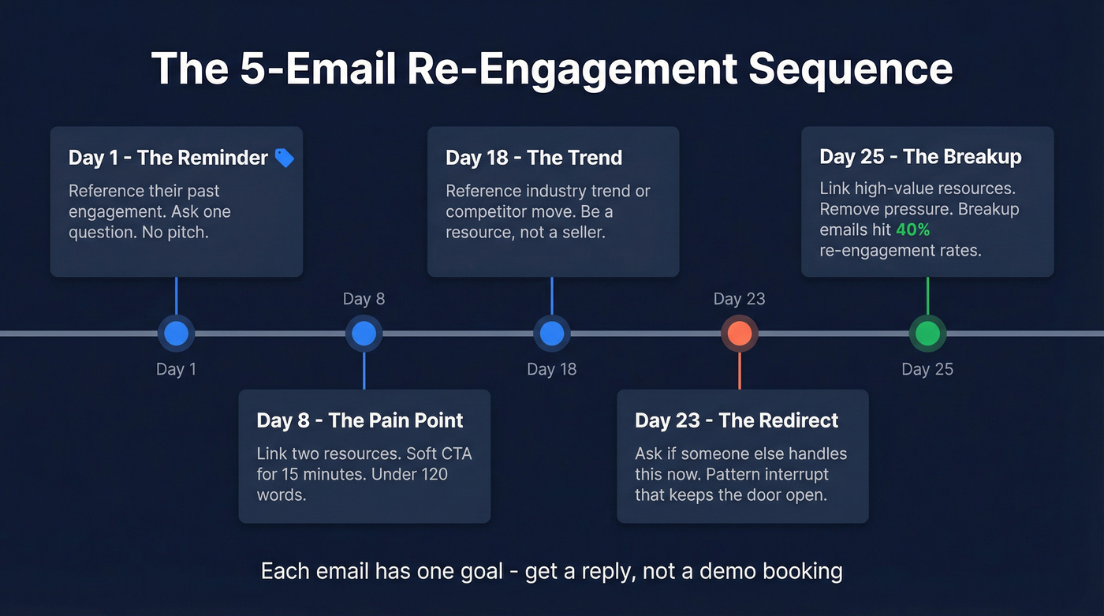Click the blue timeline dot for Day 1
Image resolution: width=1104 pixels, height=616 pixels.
pos(176,334)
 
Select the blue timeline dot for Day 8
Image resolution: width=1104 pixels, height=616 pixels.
pos(364,334)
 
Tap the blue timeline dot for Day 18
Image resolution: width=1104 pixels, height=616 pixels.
pos(551,334)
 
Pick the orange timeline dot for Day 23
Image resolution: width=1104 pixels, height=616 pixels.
pos(739,334)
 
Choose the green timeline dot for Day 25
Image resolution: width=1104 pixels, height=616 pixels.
pos(927,334)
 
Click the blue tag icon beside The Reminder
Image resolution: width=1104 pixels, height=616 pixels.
pos(284,158)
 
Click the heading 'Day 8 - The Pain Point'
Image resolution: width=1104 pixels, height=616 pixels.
pos(360,420)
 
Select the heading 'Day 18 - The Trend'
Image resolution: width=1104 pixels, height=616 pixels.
pos(534,157)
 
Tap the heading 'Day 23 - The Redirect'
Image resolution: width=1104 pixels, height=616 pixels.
pos(737,420)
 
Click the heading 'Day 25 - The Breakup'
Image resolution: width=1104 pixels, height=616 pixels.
pos(920,156)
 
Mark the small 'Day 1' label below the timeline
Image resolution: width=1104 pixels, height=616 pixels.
pos(176,369)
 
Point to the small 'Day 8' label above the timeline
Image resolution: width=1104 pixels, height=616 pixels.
pos(364,299)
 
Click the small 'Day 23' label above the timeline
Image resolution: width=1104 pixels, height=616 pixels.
pos(739,299)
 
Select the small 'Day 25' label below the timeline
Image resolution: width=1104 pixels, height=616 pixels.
pos(927,369)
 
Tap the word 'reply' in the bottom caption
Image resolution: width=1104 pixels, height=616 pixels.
pos(599,570)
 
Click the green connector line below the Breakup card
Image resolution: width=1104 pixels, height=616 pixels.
pos(927,295)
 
